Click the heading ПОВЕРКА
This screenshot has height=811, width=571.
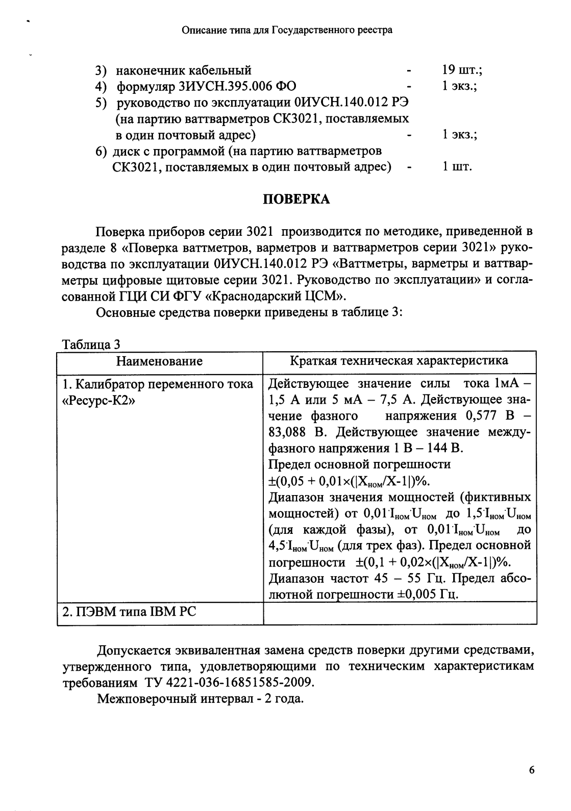296,200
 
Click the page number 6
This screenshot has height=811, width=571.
531,770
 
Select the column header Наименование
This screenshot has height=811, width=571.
159,362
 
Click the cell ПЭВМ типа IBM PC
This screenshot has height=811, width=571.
129,611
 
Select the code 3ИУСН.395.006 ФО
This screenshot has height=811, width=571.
207,86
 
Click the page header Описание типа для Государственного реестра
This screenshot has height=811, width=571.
287,30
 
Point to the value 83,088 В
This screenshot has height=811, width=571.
297,432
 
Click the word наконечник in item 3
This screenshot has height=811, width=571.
151,70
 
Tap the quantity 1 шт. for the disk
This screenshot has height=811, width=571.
457,167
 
